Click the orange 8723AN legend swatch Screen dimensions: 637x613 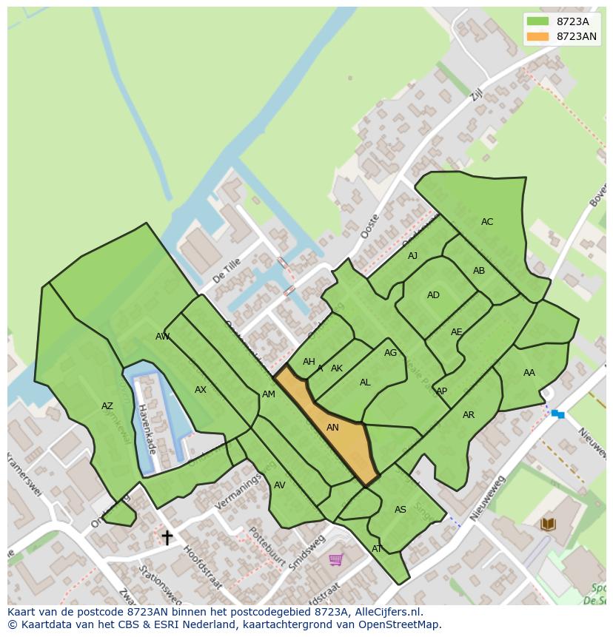[537, 36]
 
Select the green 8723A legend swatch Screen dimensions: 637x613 [537, 21]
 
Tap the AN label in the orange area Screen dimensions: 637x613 [332, 428]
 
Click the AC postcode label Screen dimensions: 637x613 [486, 222]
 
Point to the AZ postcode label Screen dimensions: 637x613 [107, 406]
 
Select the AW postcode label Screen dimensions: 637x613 [162, 337]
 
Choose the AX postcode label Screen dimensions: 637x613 [201, 390]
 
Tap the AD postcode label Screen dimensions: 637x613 [433, 295]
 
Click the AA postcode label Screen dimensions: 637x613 [529, 373]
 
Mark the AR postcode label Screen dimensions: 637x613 [469, 415]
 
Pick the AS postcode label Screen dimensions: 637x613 [400, 510]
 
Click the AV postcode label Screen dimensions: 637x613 [279, 485]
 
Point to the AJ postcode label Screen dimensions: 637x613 [412, 256]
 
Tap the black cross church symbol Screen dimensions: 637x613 [167, 537]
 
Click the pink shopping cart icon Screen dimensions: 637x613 [335, 559]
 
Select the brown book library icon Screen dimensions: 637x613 [548, 525]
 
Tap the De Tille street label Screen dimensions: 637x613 [227, 271]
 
